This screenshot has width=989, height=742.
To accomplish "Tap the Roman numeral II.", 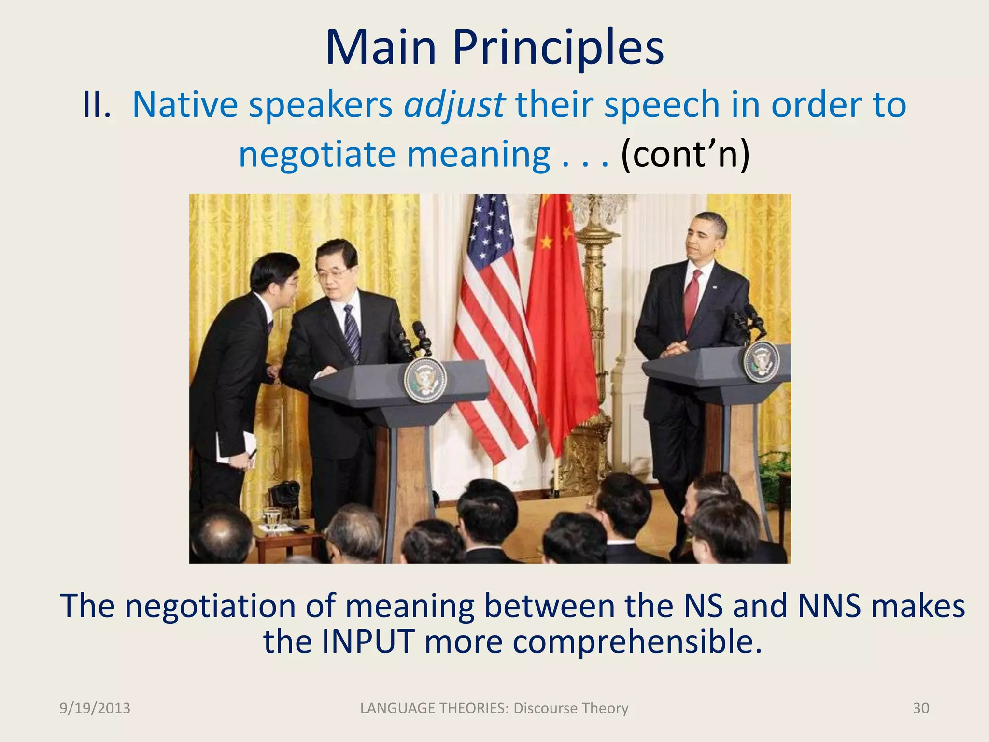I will tap(97, 104).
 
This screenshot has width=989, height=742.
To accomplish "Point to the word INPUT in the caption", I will tap(368, 642).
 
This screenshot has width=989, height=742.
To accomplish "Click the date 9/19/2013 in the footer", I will tap(95, 708).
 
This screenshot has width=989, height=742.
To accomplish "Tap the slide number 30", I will tap(920, 708).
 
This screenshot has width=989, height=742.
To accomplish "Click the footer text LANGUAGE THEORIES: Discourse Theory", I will tap(494, 708).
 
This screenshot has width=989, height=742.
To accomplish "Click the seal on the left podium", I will tap(425, 381).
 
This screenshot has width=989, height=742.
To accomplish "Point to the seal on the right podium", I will tap(761, 361).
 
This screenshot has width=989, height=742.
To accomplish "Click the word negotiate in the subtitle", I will tap(317, 155).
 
